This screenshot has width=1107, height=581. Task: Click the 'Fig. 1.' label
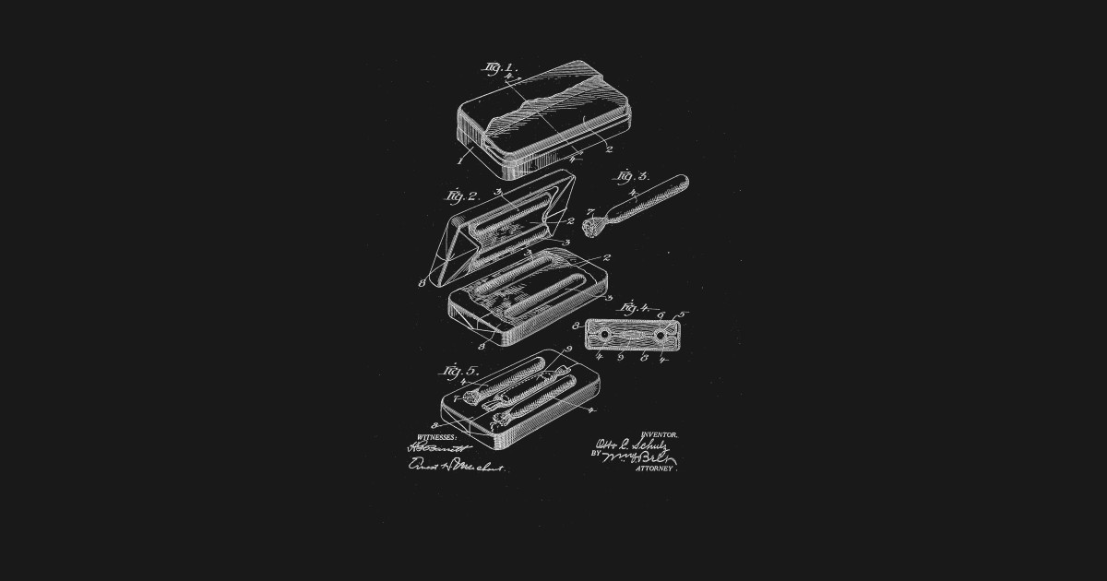pyautogui.click(x=502, y=67)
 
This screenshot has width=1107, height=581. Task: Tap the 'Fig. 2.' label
pyautogui.click(x=460, y=196)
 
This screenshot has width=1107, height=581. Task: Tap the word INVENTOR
pyautogui.click(x=660, y=433)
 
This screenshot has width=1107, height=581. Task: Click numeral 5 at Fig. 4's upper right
pyautogui.click(x=682, y=315)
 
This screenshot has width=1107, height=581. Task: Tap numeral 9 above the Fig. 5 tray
pyautogui.click(x=570, y=349)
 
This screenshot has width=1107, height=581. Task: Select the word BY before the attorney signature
pyautogui.click(x=595, y=455)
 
